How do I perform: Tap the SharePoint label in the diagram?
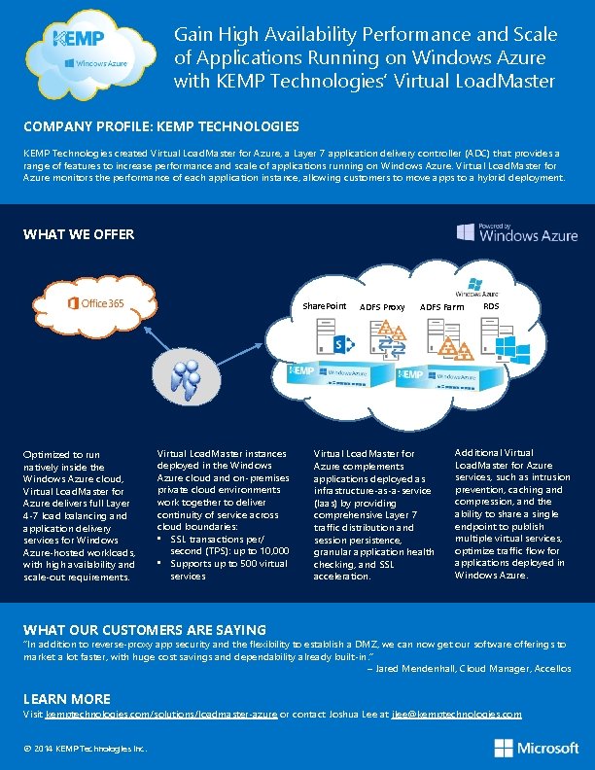[x=324, y=306]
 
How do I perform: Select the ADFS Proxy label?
[x=382, y=307]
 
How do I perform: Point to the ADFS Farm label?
[x=442, y=307]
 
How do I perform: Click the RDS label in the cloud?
[x=491, y=305]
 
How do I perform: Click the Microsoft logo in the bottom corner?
[x=536, y=748]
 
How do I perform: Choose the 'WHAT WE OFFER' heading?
[x=79, y=234]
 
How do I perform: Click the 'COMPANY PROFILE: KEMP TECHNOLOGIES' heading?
[x=161, y=126]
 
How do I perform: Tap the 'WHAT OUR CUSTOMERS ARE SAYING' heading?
[x=145, y=630]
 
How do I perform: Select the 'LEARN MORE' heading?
[x=67, y=699]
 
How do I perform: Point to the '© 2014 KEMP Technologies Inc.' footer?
[x=86, y=748]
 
